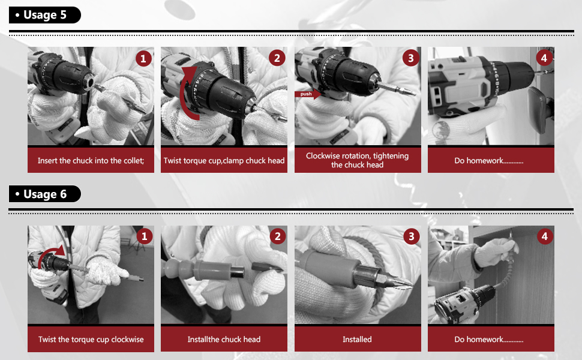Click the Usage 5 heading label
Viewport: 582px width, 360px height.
coord(44,15)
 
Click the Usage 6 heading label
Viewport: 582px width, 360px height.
coord(44,194)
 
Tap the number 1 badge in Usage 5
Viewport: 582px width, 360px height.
coord(143,59)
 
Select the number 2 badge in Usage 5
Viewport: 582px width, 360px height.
coord(277,58)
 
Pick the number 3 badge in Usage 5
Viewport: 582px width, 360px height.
coord(410,58)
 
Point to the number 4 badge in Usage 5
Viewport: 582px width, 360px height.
coord(544,58)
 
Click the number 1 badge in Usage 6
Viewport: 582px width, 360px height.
coord(145,236)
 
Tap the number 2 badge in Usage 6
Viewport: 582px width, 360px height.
coord(278,236)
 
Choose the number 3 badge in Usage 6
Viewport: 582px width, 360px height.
coord(411,236)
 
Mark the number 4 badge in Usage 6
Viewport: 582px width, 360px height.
coord(545,236)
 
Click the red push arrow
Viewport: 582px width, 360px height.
coord(308,94)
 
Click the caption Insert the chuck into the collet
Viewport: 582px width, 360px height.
coord(91,161)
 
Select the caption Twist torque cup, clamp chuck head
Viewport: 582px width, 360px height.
coord(224,161)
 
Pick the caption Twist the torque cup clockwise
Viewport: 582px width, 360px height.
coord(91,339)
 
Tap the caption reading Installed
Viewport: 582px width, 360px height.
coord(357,339)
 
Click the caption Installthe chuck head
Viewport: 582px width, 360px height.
coord(224,339)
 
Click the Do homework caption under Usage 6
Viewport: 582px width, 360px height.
coord(489,339)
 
